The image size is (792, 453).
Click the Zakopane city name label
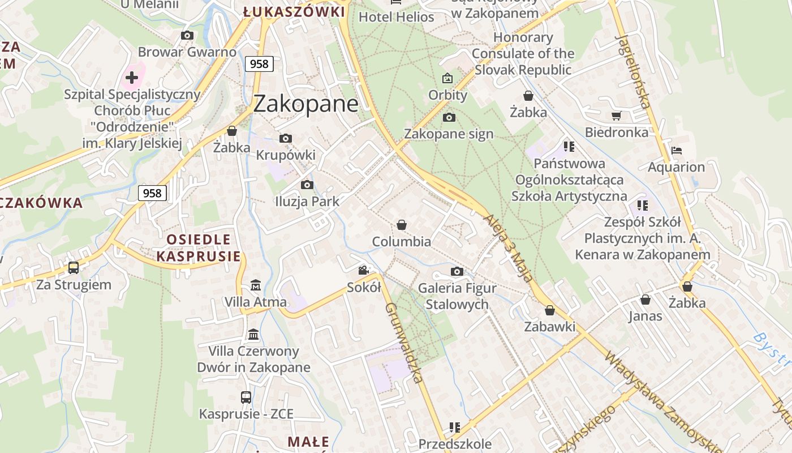[305, 104]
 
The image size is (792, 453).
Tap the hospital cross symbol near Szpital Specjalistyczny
[132, 77]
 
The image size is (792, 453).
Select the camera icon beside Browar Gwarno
[187, 36]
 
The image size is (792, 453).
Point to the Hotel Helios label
[396, 17]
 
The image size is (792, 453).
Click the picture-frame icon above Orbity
[447, 78]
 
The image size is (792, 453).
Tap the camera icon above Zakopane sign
[449, 117]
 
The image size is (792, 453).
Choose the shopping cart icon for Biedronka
[616, 116]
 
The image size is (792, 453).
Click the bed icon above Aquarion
[676, 151]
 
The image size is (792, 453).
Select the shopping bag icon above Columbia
[402, 225]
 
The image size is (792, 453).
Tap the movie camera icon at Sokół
[363, 271]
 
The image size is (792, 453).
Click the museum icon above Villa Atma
[256, 285]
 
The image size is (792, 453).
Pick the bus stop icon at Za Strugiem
[74, 267]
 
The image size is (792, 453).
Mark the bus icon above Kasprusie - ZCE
[246, 397]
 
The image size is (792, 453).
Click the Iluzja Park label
[307, 201]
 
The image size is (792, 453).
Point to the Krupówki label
[286, 155]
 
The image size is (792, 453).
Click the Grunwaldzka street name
[403, 343]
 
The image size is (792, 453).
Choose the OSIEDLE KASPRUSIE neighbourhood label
[199, 247]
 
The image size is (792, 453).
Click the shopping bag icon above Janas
[645, 300]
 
